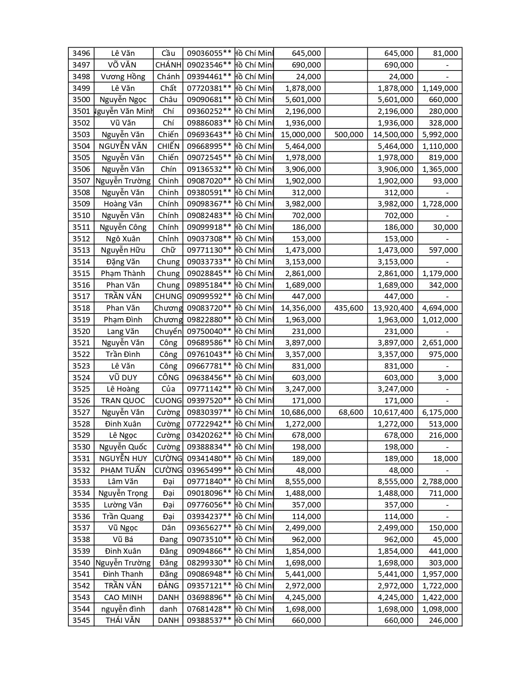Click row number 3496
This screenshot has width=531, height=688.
pos(81,53)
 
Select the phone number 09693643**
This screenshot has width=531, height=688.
pos(209,135)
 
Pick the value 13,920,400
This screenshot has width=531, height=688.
pos(393,308)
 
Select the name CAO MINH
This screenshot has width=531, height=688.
pos(123,598)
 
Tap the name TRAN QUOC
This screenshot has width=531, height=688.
pos(123,401)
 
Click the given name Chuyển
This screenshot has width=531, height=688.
pos(168,331)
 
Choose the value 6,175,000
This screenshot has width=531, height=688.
pos(440,412)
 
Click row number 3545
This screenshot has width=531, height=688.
pos(81,620)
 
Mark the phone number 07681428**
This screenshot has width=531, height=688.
pos(209,609)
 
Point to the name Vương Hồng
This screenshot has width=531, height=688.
pos(123,77)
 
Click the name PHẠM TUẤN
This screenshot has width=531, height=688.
pos(123,470)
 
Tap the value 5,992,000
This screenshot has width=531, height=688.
pos(440,135)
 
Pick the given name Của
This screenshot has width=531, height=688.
pos(168,389)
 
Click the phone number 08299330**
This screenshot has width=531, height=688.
pos(209,563)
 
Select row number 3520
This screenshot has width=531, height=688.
pos(81,331)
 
